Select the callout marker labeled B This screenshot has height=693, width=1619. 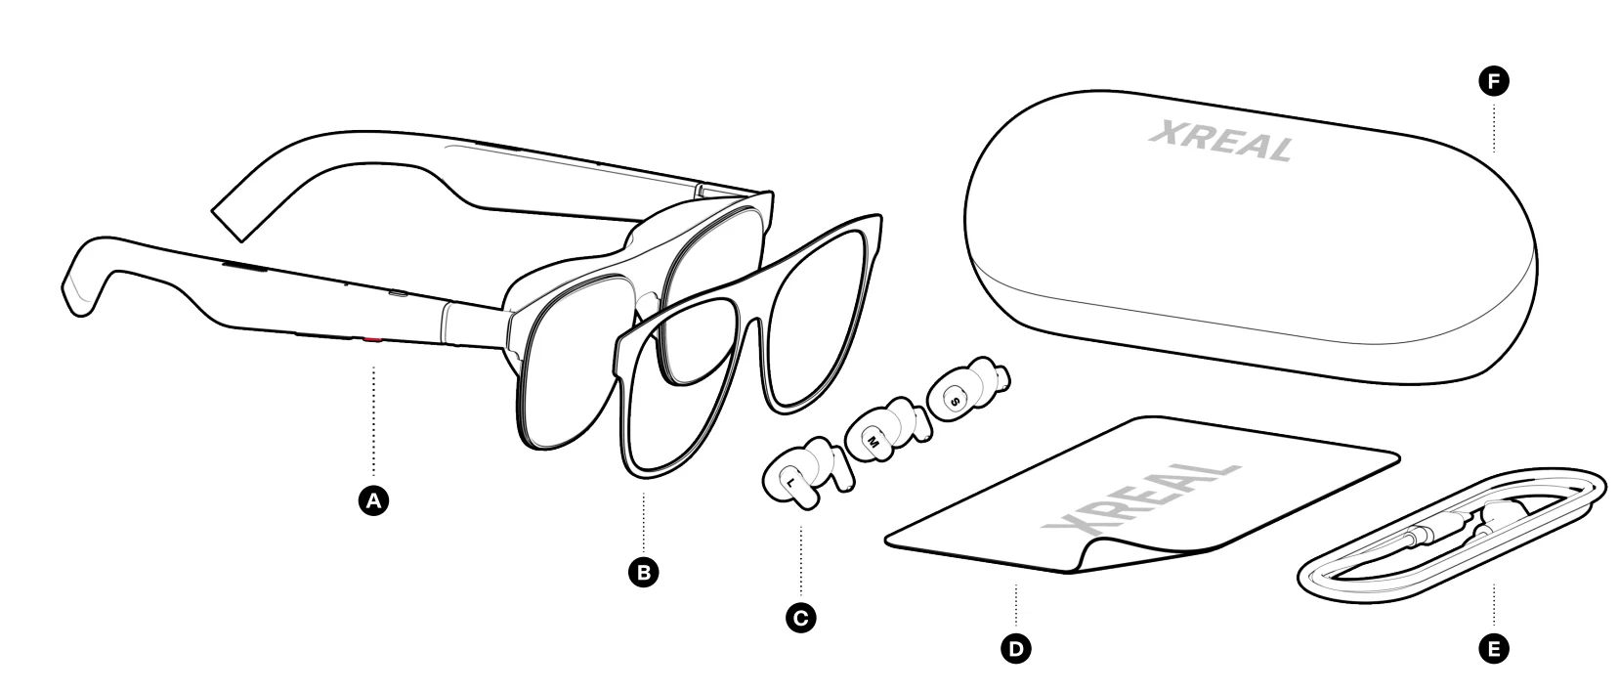643,572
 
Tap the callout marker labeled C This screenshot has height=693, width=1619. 800,618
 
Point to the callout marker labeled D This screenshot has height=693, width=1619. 1016,647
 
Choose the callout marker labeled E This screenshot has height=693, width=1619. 1493,647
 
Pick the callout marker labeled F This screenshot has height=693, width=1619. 1493,83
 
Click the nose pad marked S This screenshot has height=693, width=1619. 955,399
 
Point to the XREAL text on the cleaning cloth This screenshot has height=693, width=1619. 1138,500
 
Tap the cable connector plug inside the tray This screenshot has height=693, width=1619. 1422,535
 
